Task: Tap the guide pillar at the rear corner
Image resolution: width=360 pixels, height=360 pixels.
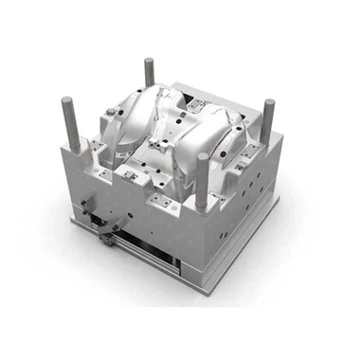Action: coord(149,73)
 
